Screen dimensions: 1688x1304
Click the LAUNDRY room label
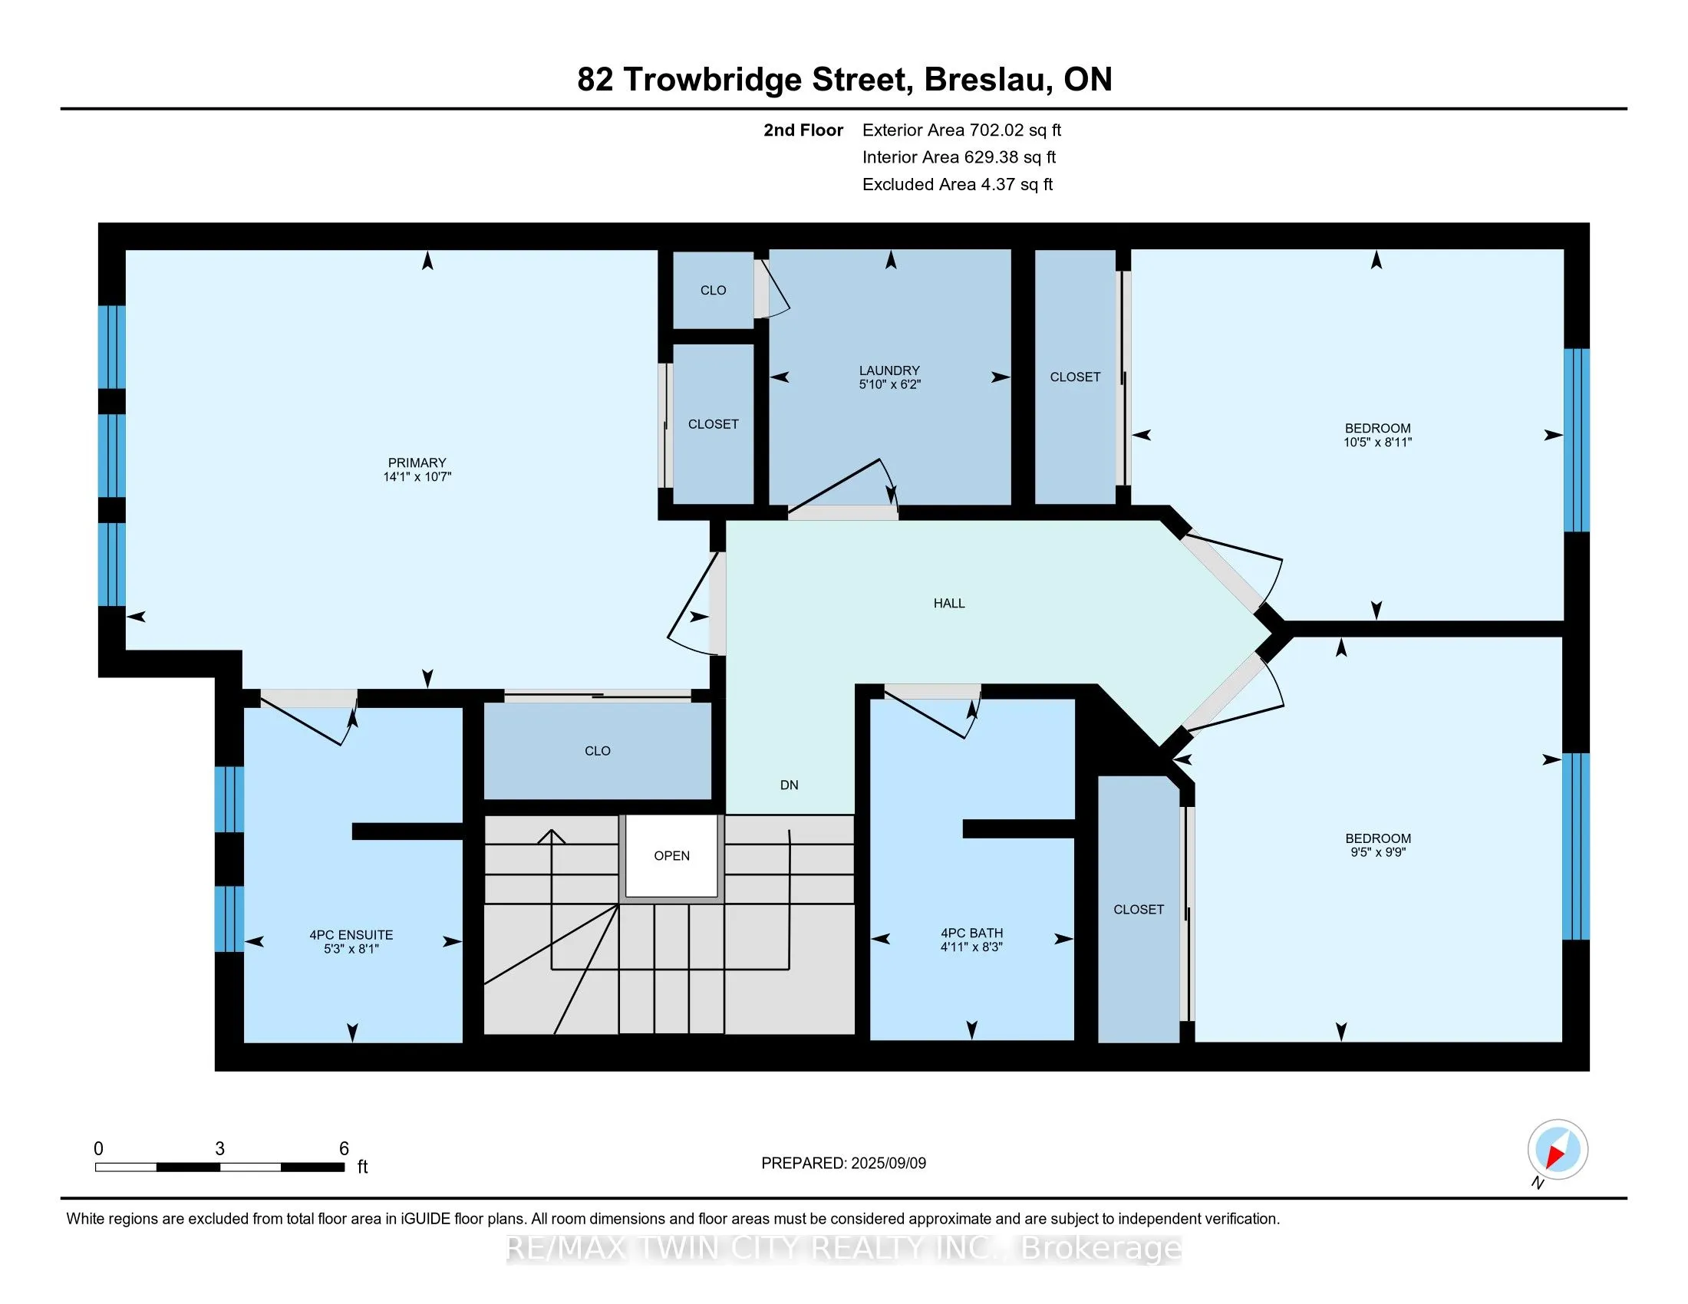889,370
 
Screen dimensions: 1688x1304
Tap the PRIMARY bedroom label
417,463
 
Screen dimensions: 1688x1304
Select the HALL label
949,604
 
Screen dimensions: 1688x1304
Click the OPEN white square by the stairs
671,856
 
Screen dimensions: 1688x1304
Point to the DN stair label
789,785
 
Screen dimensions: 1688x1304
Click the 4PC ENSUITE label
351,935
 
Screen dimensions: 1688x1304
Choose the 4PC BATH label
971,933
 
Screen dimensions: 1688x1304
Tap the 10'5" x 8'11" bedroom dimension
1377,443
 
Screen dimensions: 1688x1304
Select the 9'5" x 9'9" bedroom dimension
1377,853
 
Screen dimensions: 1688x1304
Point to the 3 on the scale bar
219,1149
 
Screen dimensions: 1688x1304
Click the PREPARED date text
843,1164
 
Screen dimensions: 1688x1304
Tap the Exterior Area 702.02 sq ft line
961,130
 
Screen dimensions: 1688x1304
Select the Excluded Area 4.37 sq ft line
958,185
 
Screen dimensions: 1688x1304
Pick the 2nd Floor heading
803,130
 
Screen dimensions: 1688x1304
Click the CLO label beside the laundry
713,291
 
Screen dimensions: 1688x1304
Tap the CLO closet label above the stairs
598,751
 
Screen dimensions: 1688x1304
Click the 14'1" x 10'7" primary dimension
417,477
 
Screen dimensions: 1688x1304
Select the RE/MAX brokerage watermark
844,1248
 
